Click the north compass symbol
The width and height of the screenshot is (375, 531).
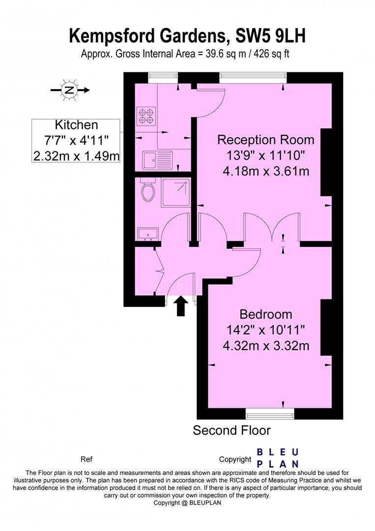click(69, 90)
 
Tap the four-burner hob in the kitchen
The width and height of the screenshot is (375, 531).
click(146, 116)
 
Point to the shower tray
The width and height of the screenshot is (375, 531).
click(175, 189)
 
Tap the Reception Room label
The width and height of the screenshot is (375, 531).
click(266, 140)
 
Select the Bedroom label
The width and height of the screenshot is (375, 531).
click(266, 314)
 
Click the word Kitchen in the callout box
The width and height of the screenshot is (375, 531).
click(76, 125)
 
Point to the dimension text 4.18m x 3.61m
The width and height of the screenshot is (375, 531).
click(266, 171)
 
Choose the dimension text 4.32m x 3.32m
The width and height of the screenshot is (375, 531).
click(266, 346)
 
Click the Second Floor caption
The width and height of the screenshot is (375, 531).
click(231, 431)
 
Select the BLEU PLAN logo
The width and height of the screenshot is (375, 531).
click(278, 458)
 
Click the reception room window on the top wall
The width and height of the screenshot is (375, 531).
click(253, 76)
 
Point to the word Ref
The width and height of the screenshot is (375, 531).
click(87, 460)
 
